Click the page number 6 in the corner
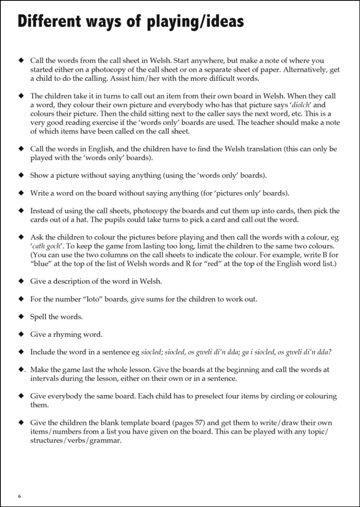click(19, 496)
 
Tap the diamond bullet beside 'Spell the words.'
click(20, 316)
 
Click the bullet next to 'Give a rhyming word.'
click(20, 334)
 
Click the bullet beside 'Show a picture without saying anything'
click(20, 175)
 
